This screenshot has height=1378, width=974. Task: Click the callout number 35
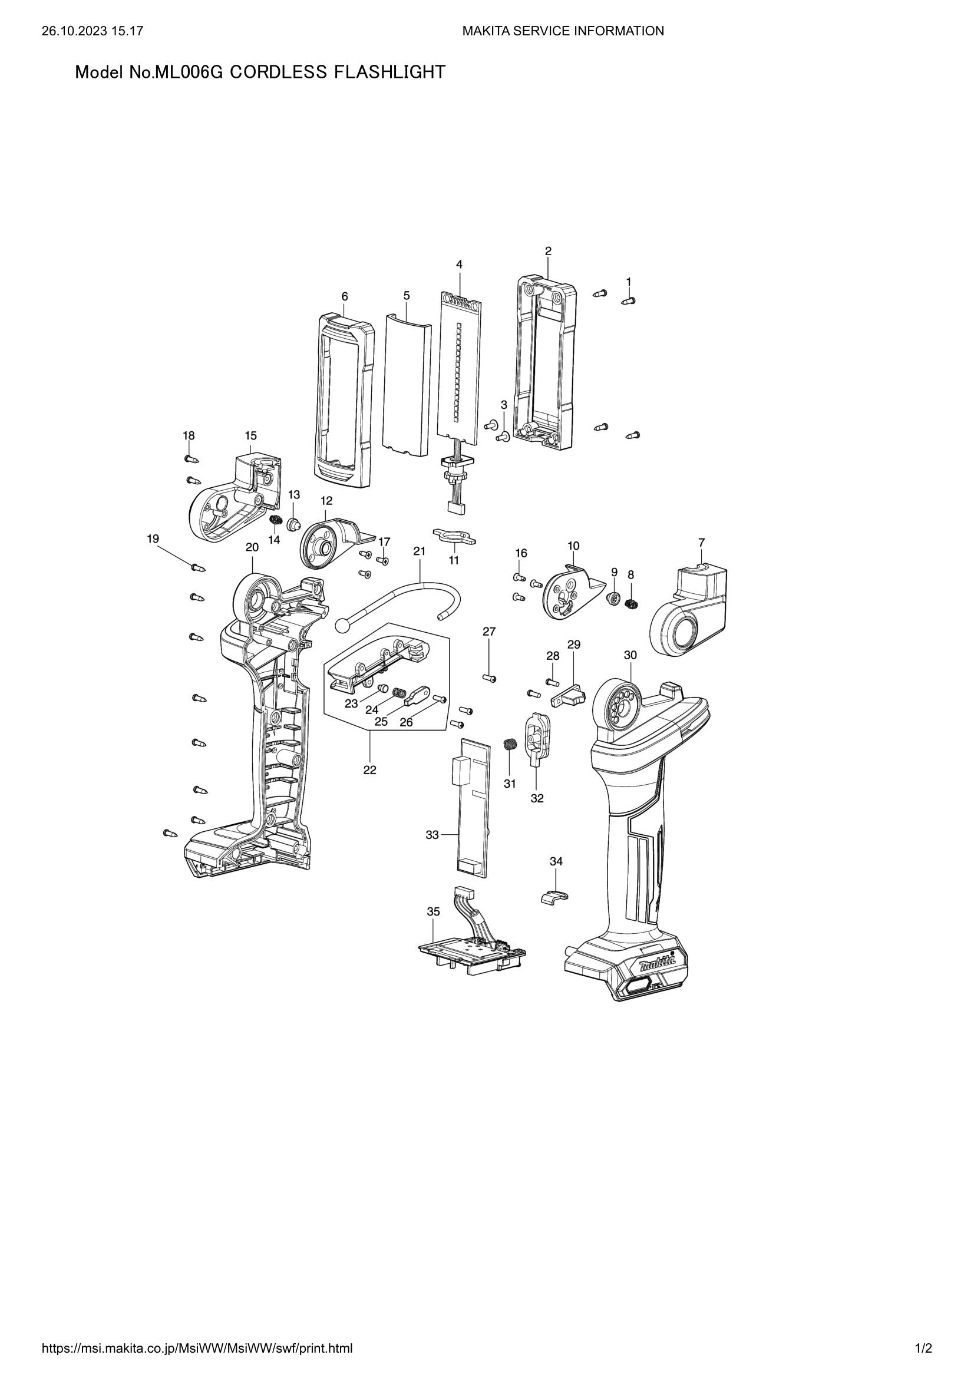pos(433,911)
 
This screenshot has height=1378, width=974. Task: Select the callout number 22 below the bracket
pos(369,769)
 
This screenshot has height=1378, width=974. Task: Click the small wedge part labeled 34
pos(551,898)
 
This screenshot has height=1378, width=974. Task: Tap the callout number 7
pos(702,542)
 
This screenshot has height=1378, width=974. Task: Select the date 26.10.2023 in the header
pos(70,31)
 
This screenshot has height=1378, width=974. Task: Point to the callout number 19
pos(153,539)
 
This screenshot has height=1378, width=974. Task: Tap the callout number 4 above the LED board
pos(460,264)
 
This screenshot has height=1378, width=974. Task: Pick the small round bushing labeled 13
pos(293,524)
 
